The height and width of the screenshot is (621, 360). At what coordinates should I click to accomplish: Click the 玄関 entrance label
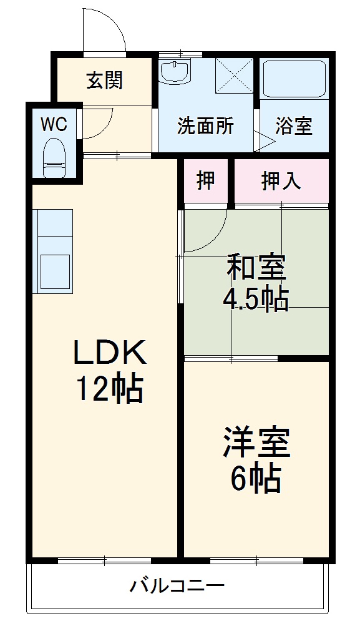(x=104, y=81)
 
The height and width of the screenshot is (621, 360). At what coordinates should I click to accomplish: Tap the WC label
(x=54, y=124)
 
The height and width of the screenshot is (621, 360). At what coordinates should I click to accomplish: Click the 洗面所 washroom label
(x=205, y=126)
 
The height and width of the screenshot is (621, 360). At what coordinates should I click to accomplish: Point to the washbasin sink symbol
(x=174, y=71)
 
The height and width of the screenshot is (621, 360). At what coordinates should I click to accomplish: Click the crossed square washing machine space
(x=234, y=76)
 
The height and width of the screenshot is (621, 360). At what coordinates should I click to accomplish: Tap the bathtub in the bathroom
(x=293, y=79)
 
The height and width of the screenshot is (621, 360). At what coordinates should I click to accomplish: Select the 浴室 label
(x=294, y=126)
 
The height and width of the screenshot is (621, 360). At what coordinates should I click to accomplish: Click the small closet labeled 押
(x=206, y=181)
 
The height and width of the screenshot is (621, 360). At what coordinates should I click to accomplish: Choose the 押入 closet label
(x=281, y=181)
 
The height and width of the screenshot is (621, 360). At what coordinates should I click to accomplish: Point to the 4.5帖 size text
(x=256, y=300)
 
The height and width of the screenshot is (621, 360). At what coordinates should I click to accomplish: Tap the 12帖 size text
(x=110, y=389)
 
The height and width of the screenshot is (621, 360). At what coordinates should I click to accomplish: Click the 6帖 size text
(x=256, y=479)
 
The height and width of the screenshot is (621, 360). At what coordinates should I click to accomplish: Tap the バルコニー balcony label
(x=177, y=587)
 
